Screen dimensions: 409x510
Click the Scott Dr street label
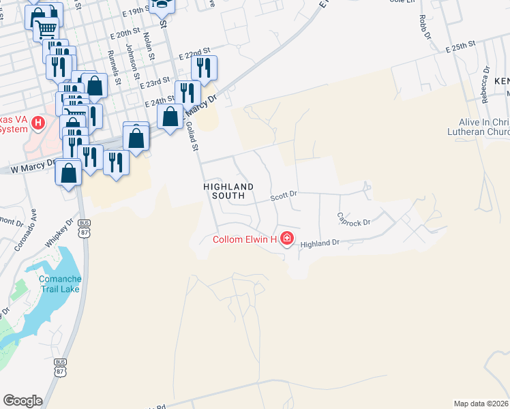click(x=284, y=196)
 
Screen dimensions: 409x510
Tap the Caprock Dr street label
click(x=354, y=219)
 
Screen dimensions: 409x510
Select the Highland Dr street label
click(x=320, y=243)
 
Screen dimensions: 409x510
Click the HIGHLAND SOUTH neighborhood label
click(x=228, y=191)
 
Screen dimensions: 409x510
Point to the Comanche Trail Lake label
click(x=60, y=284)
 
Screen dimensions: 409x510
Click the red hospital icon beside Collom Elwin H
click(x=287, y=239)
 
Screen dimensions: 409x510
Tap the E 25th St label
click(x=460, y=46)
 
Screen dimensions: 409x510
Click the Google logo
click(x=22, y=401)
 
